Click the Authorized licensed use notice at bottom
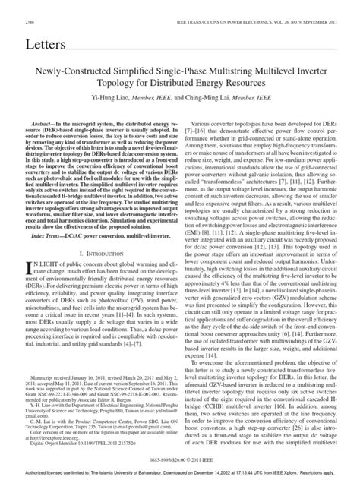pos(179,473)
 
